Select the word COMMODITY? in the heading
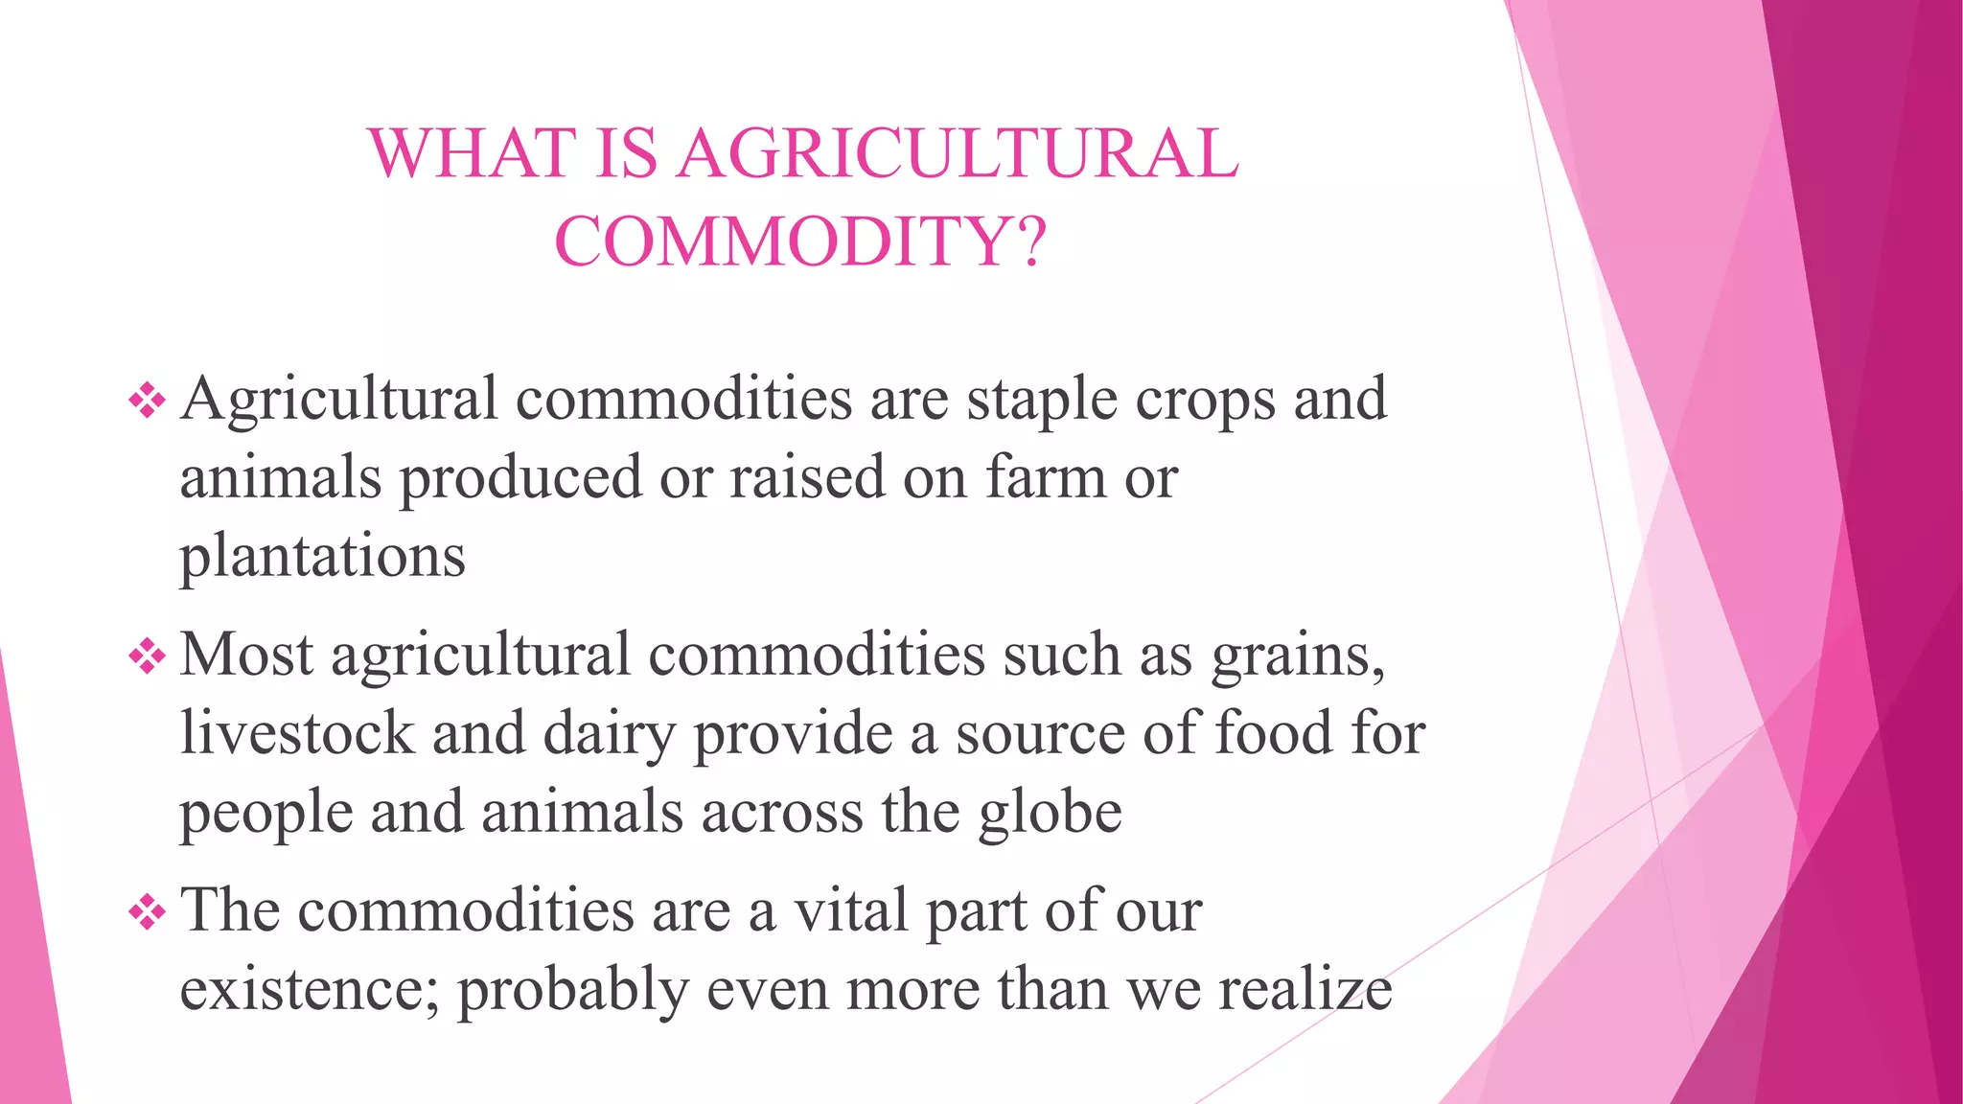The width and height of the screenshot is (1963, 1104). (x=800, y=241)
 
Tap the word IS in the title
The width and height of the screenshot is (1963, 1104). (x=626, y=153)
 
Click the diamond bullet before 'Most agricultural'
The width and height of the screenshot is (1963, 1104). (x=147, y=656)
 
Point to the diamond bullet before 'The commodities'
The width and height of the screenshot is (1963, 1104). (x=147, y=911)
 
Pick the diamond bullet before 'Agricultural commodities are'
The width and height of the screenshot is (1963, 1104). (x=147, y=401)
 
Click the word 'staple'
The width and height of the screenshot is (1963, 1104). (x=1041, y=401)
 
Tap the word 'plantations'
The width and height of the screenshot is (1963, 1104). (x=322, y=556)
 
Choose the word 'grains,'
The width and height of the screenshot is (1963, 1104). (x=1298, y=656)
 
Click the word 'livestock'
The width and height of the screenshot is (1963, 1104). (x=297, y=733)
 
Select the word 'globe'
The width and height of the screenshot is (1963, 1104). (x=1050, y=813)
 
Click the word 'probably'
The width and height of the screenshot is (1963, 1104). (x=572, y=990)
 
